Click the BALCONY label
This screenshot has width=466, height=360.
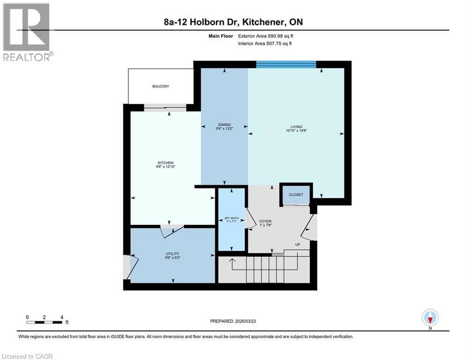tap(160, 86)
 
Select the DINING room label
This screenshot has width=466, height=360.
tap(224, 125)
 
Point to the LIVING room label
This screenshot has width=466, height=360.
tap(296, 127)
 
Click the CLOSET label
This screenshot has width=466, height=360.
tap(296, 195)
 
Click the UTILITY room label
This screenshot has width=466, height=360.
tap(172, 254)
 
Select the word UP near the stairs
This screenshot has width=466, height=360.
tap(297, 245)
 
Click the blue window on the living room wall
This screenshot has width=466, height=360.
tap(286, 64)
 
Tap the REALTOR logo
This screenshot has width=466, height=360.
tap(27, 32)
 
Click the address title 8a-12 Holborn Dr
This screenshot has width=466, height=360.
tap(233, 22)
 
